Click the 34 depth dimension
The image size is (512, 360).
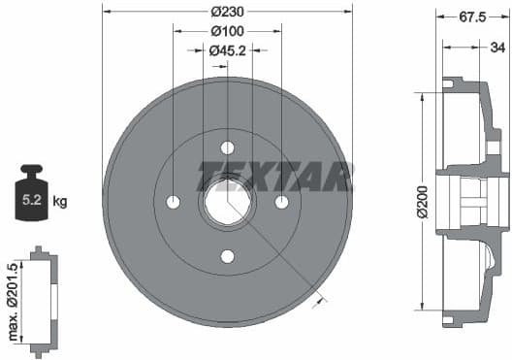coord(496,46)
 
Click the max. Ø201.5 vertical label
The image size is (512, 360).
coord(12,301)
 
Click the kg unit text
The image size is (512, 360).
coord(60,202)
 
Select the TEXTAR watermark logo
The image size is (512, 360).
coord(274,177)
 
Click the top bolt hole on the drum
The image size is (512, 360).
coord(228,147)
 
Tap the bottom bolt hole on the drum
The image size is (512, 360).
coord(228,256)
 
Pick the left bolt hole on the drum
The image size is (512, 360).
coord(174,202)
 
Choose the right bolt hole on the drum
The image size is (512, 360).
coord(282,202)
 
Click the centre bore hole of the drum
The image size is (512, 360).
coord(228,203)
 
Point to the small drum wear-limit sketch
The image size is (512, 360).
coord(43,301)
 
